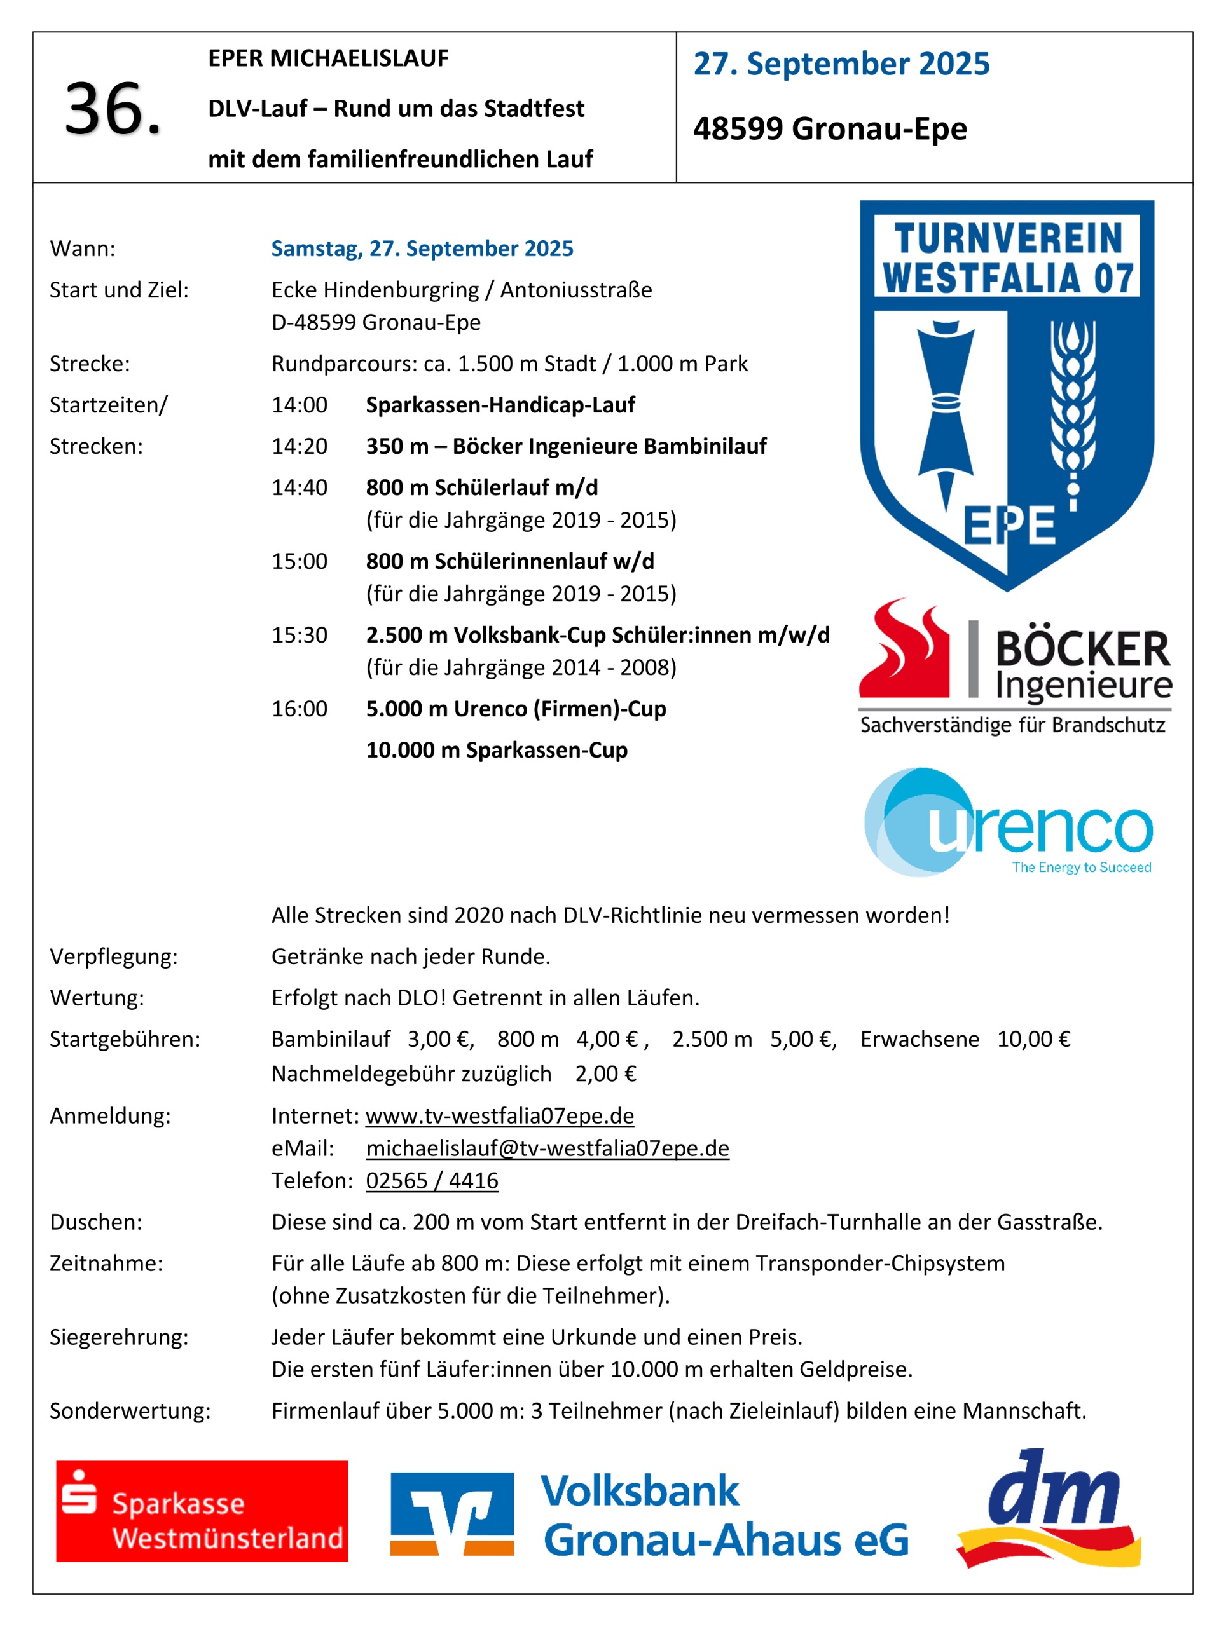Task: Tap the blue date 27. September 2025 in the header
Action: point(841,64)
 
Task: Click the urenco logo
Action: point(1007,823)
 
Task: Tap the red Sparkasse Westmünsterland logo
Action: point(202,1511)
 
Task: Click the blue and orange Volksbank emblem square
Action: point(452,1513)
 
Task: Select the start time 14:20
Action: point(300,446)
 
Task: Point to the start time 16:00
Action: point(300,709)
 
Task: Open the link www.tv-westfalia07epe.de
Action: point(500,1116)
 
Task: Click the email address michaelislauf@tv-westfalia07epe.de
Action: point(548,1148)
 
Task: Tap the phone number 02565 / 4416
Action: point(432,1181)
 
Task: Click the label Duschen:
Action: point(95,1222)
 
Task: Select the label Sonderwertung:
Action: point(130,1411)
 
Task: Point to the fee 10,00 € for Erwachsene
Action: point(1033,1039)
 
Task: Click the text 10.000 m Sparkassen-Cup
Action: point(497,750)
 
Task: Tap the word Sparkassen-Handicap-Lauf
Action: point(500,405)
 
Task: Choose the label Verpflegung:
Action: point(113,957)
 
